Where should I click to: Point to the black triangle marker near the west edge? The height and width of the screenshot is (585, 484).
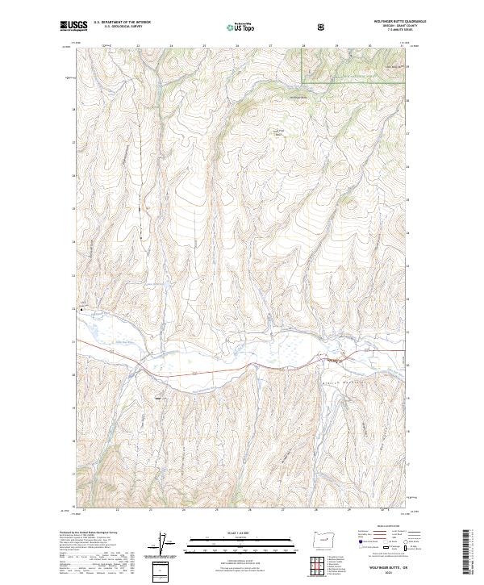coord(81,307)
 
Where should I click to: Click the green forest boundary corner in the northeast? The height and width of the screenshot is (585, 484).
coord(303,81)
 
